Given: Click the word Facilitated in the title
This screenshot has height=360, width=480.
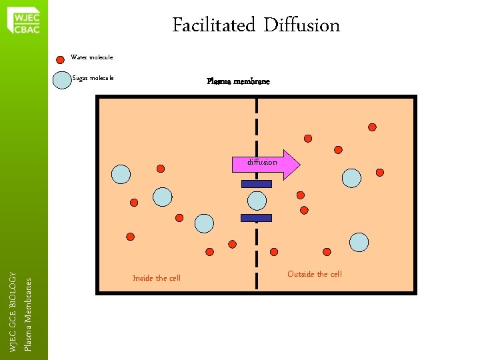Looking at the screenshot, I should pyautogui.click(x=214, y=26).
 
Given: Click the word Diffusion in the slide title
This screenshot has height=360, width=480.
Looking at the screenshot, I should pyautogui.click(x=301, y=26).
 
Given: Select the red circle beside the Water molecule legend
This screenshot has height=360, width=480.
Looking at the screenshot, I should pyautogui.click(x=61, y=58).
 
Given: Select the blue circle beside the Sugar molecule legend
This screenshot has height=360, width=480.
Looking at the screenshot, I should pyautogui.click(x=61, y=79).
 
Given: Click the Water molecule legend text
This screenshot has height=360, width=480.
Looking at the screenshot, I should pyautogui.click(x=92, y=57).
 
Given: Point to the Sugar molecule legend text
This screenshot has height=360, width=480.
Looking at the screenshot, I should pyautogui.click(x=93, y=78).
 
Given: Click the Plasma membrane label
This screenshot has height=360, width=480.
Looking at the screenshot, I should pyautogui.click(x=238, y=82).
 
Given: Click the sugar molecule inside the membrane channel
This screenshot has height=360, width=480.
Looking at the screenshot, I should pyautogui.click(x=257, y=201).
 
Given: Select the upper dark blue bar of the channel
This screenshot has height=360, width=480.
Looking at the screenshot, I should pyautogui.click(x=257, y=184).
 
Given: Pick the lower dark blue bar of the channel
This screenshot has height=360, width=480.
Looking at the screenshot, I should pyautogui.click(x=257, y=218).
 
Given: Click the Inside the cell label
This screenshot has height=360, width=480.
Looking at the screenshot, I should pyautogui.click(x=157, y=278).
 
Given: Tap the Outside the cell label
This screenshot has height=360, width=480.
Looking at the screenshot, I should pyautogui.click(x=314, y=274).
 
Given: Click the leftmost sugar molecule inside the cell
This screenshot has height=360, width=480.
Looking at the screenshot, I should pyautogui.click(x=121, y=174).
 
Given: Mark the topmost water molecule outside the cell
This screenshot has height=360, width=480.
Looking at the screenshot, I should pyautogui.click(x=372, y=127).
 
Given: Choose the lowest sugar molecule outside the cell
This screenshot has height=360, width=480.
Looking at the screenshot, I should pyautogui.click(x=359, y=242).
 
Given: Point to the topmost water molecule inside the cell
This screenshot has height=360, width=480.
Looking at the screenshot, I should pyautogui.click(x=160, y=169).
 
